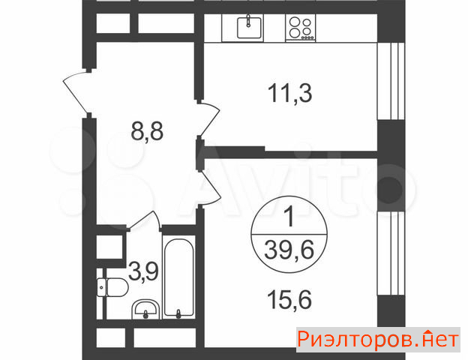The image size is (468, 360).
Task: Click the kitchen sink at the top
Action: pyautogui.click(x=249, y=28)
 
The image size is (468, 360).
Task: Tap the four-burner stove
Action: pyautogui.click(x=300, y=28)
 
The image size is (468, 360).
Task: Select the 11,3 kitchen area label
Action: pyautogui.click(x=289, y=93)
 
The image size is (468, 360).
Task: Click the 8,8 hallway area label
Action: pyautogui.click(x=147, y=132)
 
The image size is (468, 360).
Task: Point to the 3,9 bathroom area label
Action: pyautogui.click(x=143, y=271)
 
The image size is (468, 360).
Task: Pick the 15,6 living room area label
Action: pyautogui.click(x=289, y=300)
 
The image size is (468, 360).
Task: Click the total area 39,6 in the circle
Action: pyautogui.click(x=289, y=250)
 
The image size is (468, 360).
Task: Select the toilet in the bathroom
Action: pyautogui.click(x=112, y=287)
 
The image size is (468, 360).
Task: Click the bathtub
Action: pyautogui.click(x=178, y=277)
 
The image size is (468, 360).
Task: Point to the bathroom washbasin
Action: pyautogui.click(x=145, y=309)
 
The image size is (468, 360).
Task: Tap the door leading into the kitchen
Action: pyautogui.click(x=209, y=119)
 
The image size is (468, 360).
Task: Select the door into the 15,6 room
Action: pyautogui.click(x=210, y=187)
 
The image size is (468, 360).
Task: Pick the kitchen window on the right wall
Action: pyautogui.click(x=391, y=81)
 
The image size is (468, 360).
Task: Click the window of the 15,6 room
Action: pyautogui.click(x=391, y=253)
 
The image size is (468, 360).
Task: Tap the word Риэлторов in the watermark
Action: pyautogui.click(x=355, y=340)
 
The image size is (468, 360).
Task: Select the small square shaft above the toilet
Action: pyautogui.click(x=109, y=247)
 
